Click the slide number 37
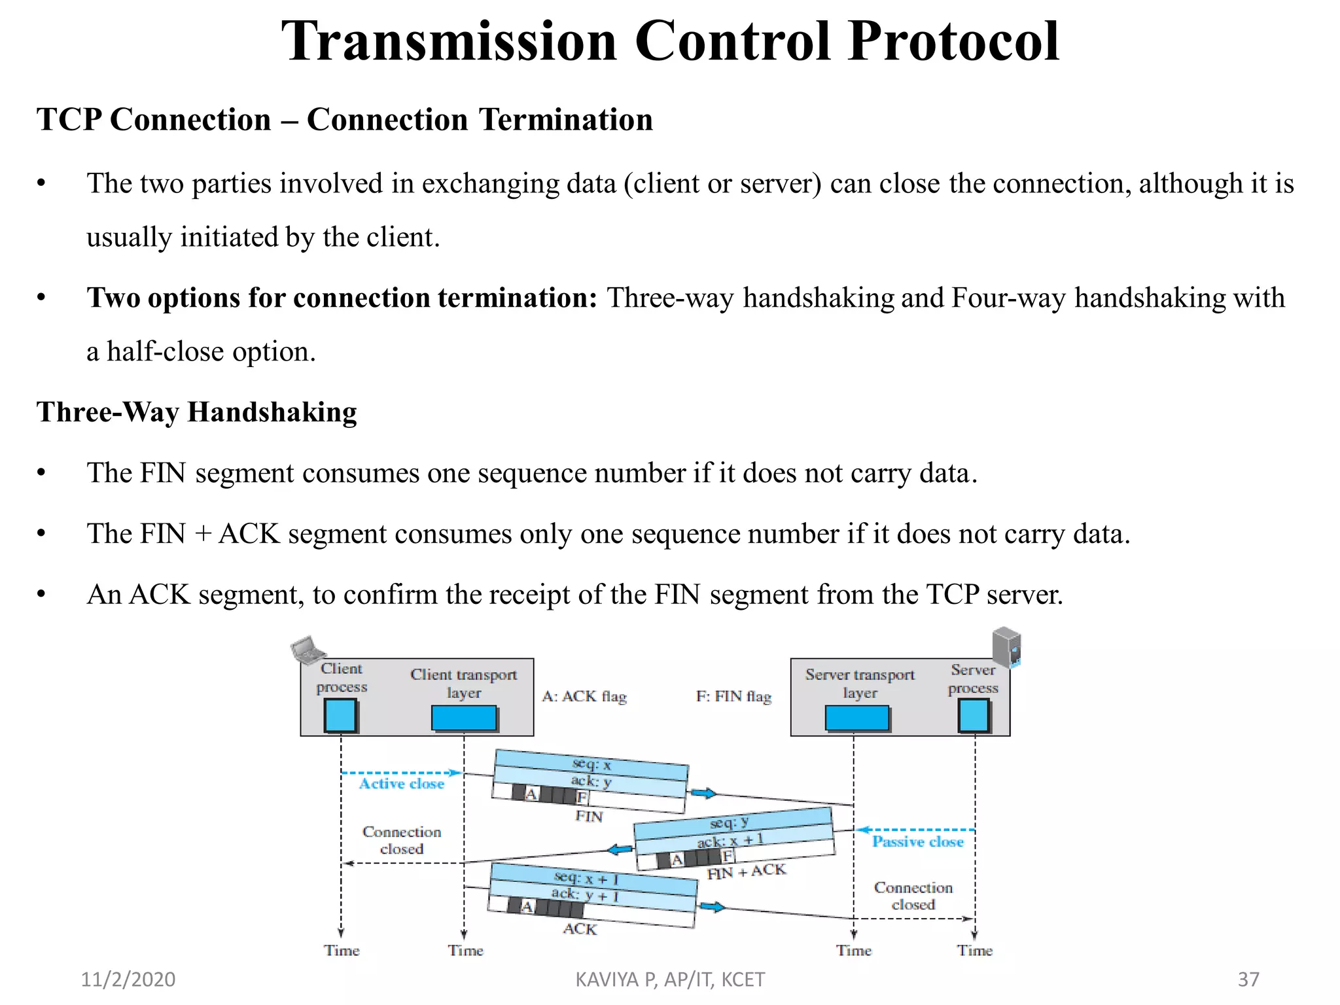1248,979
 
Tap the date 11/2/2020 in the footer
128,979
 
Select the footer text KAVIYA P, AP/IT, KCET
669,979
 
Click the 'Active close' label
401,783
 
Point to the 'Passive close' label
917,841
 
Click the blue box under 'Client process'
340,716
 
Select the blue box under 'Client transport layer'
463,718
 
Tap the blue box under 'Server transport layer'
856,718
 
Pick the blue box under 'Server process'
974,716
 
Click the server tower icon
1006,646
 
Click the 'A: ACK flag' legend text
584,696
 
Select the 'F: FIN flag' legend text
733,696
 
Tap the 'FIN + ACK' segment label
746,872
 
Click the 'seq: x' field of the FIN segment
591,764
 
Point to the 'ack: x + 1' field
730,840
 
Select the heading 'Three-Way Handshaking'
197,412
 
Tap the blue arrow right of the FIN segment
703,794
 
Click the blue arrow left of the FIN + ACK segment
620,850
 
